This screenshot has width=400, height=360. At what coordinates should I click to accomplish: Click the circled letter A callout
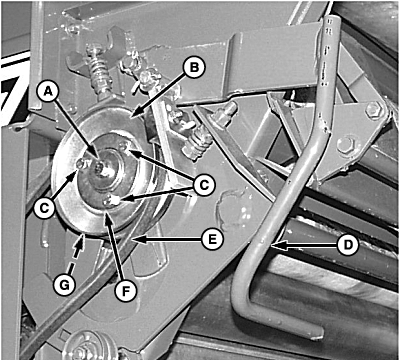[x=49, y=92]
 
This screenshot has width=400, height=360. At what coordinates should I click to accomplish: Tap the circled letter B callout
[x=195, y=68]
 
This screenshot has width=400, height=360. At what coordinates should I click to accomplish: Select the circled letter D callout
[x=348, y=245]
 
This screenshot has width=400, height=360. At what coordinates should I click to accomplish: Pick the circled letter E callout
[x=212, y=239]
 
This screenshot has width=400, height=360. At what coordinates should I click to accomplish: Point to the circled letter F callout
[x=126, y=290]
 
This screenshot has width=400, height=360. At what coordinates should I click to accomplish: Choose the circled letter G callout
[x=64, y=285]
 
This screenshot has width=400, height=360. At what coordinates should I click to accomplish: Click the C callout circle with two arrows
[x=205, y=184]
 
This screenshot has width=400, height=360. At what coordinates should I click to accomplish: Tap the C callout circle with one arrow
[x=45, y=208]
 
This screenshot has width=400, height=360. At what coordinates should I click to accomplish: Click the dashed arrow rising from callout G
[x=75, y=255]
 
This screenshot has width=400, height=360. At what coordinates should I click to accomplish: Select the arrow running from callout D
[x=304, y=246]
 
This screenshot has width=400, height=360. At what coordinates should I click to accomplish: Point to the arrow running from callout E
[x=167, y=239]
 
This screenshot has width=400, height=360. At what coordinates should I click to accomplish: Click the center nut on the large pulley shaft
[x=100, y=168]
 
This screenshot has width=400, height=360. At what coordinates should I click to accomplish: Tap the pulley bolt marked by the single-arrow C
[x=81, y=163]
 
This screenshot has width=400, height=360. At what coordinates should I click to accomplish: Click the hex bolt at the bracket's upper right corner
[x=373, y=110]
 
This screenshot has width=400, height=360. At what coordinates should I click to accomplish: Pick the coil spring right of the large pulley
[x=198, y=144]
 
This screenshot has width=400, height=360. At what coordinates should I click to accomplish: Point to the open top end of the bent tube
[x=331, y=21]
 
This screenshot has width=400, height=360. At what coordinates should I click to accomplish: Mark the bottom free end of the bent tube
[x=316, y=333]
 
